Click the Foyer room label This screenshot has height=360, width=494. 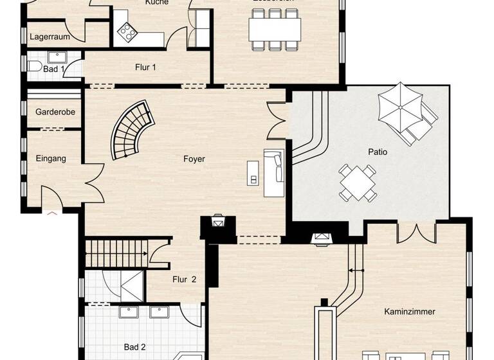pyautogui.click(x=194, y=159)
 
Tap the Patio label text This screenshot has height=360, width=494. pyautogui.click(x=378, y=152)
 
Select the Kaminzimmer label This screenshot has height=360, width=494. pyautogui.click(x=409, y=312)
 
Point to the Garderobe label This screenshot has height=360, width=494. pyautogui.click(x=55, y=112)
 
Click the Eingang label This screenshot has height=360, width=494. pyautogui.click(x=51, y=158)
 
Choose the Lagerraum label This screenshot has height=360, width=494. pyautogui.click(x=50, y=37)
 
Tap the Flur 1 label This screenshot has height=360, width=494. pyautogui.click(x=145, y=67)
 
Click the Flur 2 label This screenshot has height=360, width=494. pyautogui.click(x=183, y=280)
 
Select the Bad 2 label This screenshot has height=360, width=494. pyautogui.click(x=134, y=348)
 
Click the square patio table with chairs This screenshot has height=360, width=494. pyautogui.click(x=358, y=183)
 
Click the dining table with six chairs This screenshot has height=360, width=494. pyautogui.click(x=275, y=29)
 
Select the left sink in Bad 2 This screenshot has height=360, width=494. pyautogui.click(x=129, y=312)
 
